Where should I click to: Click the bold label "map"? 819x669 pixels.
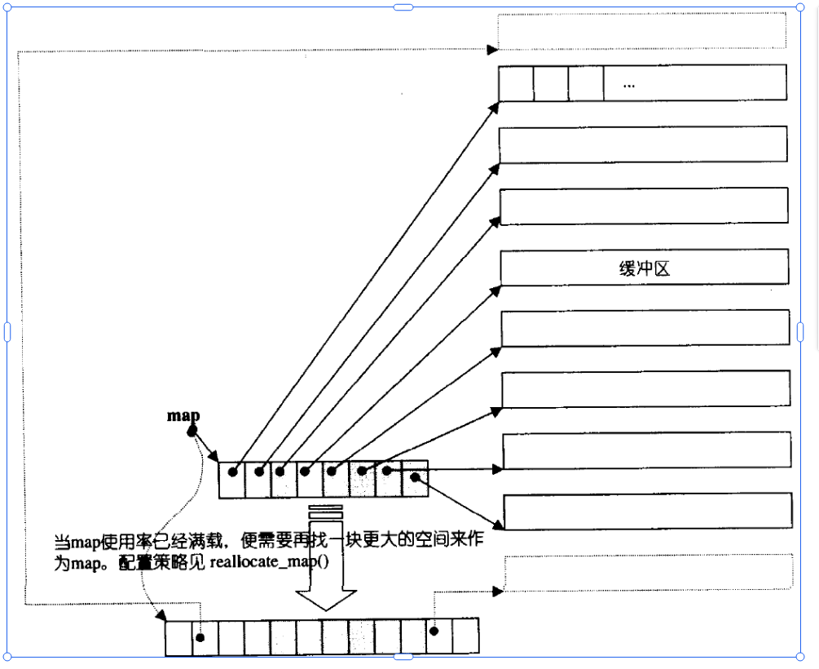point(183,416)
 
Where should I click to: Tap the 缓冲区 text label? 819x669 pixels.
point(644,268)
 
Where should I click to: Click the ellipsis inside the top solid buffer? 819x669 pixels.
point(628,84)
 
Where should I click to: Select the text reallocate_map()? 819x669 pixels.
point(270,564)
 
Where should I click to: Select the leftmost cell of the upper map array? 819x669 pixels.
point(232,480)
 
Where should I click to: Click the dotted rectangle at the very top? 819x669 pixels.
point(641,31)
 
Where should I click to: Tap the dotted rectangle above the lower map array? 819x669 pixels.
point(648,573)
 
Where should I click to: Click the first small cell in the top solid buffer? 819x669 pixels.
point(516,83)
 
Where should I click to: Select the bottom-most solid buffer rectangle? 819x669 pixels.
point(648,512)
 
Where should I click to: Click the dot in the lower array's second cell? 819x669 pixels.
point(200,637)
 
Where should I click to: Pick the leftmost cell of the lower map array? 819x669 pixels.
point(178,637)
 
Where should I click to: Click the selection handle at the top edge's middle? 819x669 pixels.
point(403,7)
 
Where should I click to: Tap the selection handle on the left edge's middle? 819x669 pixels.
point(7,331)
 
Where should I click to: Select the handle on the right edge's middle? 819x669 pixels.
point(800,331)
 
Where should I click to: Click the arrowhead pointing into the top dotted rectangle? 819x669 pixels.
point(492,50)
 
